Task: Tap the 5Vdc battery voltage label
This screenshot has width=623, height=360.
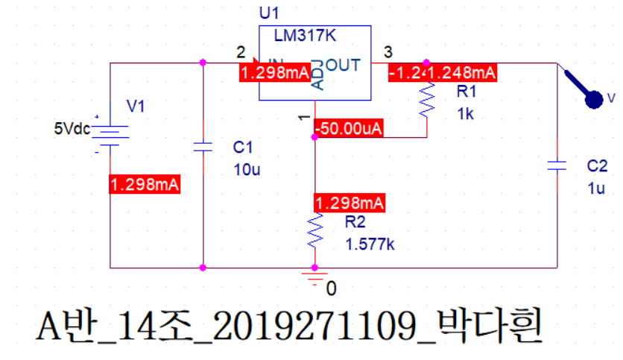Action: tap(72, 128)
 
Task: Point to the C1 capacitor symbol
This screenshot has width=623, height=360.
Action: tap(203, 147)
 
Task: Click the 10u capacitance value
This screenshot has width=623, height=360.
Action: tap(247, 169)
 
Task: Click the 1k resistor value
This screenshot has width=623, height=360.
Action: tap(466, 114)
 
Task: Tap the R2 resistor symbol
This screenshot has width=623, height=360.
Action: tap(314, 233)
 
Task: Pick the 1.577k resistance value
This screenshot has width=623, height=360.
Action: tap(370, 244)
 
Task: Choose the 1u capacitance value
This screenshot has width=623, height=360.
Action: tap(596, 189)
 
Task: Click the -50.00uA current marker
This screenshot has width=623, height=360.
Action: tap(349, 128)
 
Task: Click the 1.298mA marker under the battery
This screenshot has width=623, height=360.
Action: tap(145, 185)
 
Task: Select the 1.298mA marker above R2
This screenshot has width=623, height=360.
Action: tap(350, 203)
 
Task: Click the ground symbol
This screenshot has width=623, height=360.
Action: tap(315, 279)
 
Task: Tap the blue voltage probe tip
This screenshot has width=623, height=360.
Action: tap(594, 99)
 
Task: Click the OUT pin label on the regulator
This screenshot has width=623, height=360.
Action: tap(344, 66)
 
